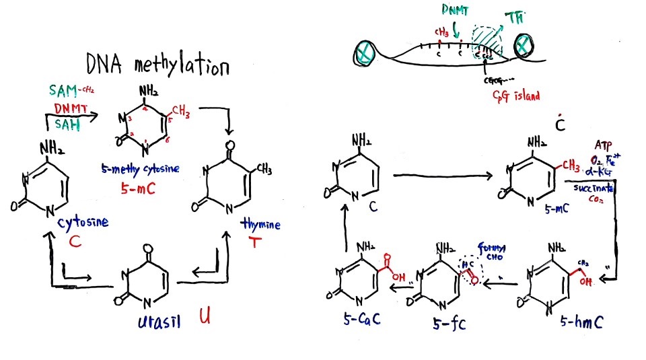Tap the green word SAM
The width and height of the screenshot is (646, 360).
pos(63,91)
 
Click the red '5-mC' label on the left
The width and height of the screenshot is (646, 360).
pos(137,190)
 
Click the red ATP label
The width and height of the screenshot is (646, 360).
pos(602,146)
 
